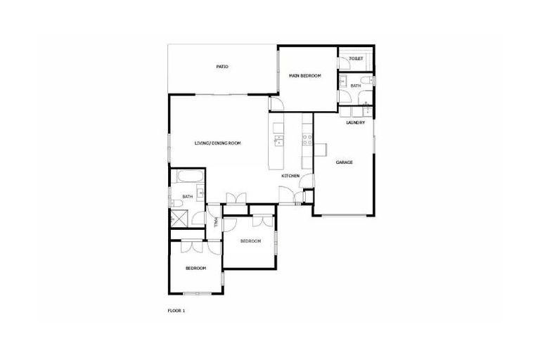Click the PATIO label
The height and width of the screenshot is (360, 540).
point(221,67)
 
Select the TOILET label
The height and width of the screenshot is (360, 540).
point(356,58)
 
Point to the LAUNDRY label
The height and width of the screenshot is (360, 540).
point(356,122)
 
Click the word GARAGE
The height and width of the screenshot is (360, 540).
point(344,162)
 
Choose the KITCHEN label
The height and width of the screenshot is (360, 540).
point(291,175)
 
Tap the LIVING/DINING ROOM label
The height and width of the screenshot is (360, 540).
point(218,143)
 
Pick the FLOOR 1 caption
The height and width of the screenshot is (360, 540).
point(176,309)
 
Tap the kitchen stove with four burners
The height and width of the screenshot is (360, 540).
point(307,141)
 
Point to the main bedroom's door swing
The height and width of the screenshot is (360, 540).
point(275,103)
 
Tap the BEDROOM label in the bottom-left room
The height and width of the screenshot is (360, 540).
point(195,268)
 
